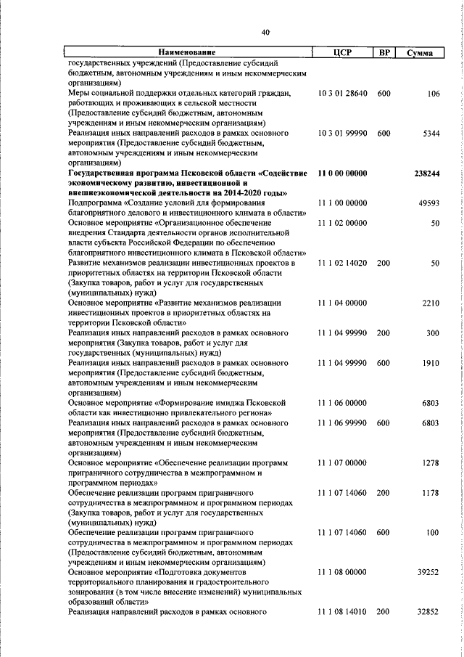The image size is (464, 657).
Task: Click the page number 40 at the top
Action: [265, 32]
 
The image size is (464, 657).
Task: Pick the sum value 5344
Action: [431, 134]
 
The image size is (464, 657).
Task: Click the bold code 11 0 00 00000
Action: [343, 174]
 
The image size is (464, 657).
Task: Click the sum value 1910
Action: [431, 361]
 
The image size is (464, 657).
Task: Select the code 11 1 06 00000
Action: [343, 401]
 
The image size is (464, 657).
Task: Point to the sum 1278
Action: [431, 462]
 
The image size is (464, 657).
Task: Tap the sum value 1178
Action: [431, 493]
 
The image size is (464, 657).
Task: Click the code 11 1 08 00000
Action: [343, 572]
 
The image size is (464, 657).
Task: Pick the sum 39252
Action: [429, 572]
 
